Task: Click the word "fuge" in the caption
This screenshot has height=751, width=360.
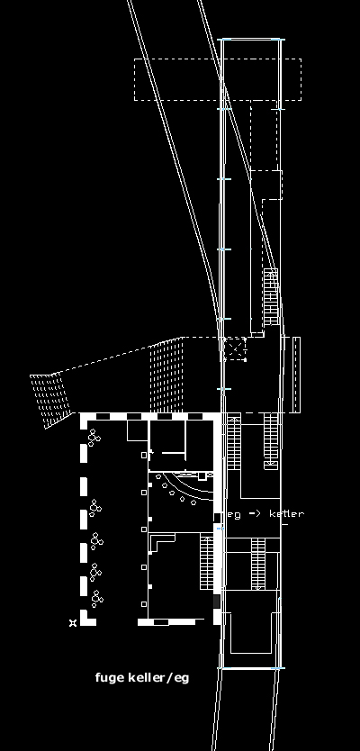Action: pos(110,678)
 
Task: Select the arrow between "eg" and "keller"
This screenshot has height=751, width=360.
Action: pos(255,514)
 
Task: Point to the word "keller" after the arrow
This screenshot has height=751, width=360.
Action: pos(286,514)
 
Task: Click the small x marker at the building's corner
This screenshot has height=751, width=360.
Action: pos(73,622)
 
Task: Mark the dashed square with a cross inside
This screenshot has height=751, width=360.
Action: pos(235,348)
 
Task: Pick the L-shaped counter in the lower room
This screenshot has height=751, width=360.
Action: pos(161,542)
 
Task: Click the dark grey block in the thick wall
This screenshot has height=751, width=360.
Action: pos(216,602)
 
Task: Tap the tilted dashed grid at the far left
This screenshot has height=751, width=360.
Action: pos(50,400)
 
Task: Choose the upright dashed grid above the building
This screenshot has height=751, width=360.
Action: pos(166,375)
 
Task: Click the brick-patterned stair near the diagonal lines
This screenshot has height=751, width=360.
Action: pos(271,297)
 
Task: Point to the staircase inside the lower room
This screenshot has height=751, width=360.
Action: pos(206,563)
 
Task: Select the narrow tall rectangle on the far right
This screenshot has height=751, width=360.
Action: pos(296,375)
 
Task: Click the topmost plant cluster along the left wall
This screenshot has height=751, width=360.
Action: pos(94,438)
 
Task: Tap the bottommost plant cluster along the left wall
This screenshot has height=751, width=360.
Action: pos(97,599)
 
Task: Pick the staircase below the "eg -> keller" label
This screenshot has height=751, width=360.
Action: pos(258,564)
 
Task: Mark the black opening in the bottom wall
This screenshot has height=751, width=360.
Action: pos(161,622)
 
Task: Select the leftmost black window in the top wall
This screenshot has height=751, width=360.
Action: pos(103,417)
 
